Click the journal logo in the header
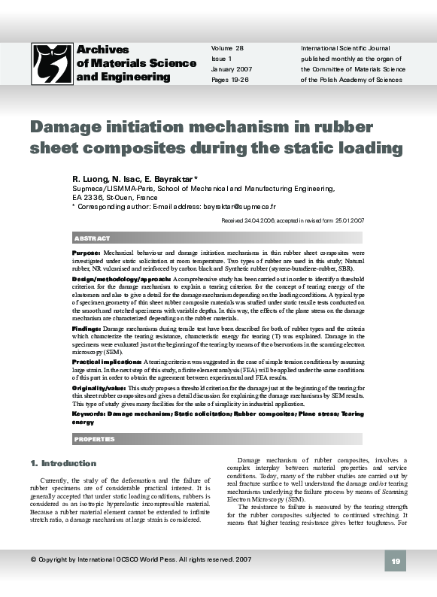(52, 63)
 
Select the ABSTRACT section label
(93, 238)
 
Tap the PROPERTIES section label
(95, 438)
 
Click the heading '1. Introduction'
(63, 463)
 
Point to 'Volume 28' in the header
(228, 48)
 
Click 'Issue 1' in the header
(222, 59)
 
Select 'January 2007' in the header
(232, 69)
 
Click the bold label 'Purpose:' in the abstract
(86, 253)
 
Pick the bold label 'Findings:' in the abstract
(87, 329)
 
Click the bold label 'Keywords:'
(89, 414)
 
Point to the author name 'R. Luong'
(91, 179)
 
